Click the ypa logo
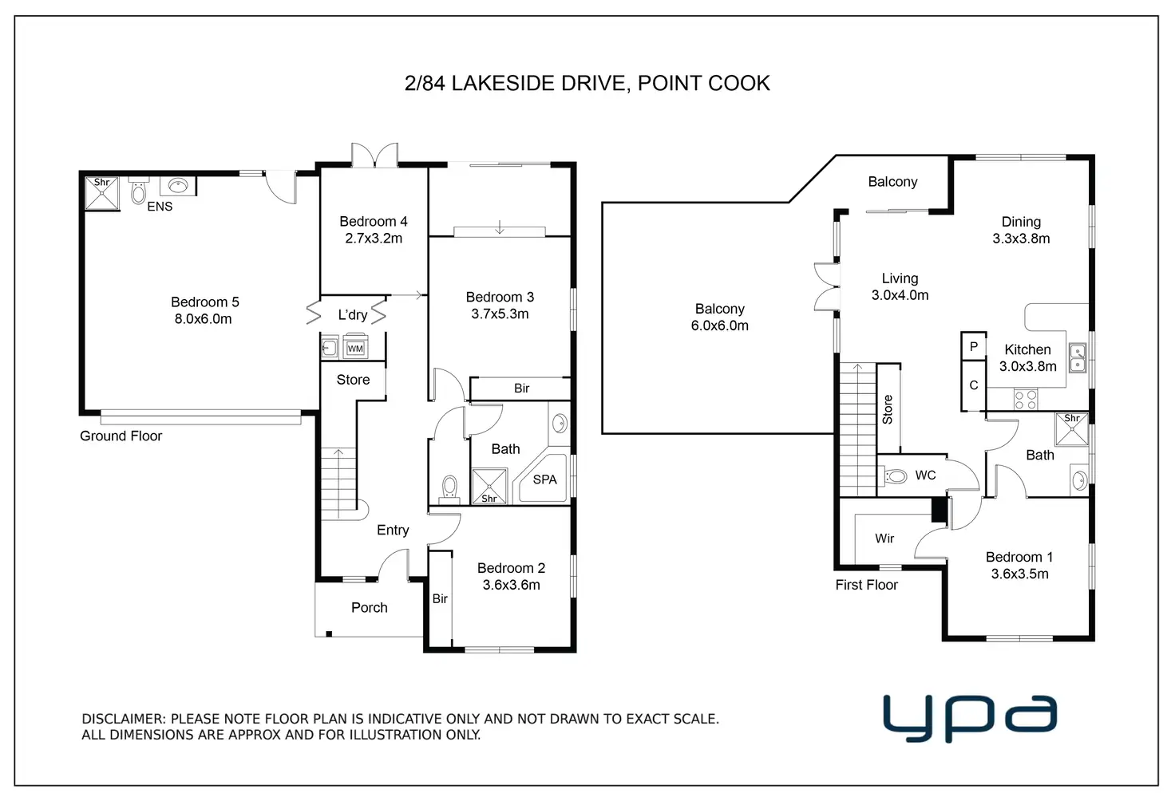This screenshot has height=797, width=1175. [x=970, y=717]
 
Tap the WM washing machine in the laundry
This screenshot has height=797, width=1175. [x=355, y=347]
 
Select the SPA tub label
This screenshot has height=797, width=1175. [x=544, y=479]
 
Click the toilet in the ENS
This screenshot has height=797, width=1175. [x=138, y=192]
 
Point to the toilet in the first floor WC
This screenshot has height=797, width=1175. [x=896, y=476]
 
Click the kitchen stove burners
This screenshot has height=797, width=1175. [x=1026, y=399]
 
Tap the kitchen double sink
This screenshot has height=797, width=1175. [x=1078, y=357]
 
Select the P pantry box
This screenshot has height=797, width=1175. [x=974, y=346]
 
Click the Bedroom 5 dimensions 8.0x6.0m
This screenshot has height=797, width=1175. [x=203, y=319]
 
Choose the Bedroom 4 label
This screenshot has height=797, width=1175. [x=374, y=221]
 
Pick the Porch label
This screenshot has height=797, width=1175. [x=370, y=607]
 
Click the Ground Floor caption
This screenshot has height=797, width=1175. [x=121, y=436]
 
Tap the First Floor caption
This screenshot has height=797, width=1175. [x=867, y=585]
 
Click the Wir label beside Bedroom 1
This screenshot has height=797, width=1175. [x=884, y=538]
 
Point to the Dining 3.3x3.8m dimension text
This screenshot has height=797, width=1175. [x=1021, y=239]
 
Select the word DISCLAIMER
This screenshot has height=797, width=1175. [x=124, y=719]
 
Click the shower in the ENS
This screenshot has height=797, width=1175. [x=102, y=193]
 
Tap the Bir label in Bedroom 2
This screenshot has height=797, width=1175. [x=440, y=598]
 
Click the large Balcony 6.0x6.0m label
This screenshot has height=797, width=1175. [x=720, y=318]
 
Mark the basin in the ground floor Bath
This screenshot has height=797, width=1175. [x=560, y=423]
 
